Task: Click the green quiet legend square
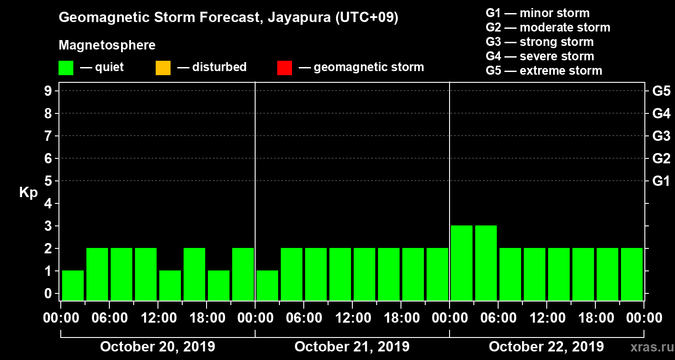point(66,67)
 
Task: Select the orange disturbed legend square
point(163,67)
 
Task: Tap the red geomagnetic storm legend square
point(284,67)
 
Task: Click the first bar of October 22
point(462,263)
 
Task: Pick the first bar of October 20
point(73,285)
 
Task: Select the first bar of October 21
point(267,285)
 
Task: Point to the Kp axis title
point(28,193)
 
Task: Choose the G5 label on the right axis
point(661,91)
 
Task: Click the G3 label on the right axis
point(661,136)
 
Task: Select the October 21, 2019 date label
point(352,347)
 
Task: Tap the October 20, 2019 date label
point(157,347)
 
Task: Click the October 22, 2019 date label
point(546,347)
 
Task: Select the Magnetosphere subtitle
point(107,45)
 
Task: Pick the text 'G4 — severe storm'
point(540,56)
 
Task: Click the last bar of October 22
point(632,274)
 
